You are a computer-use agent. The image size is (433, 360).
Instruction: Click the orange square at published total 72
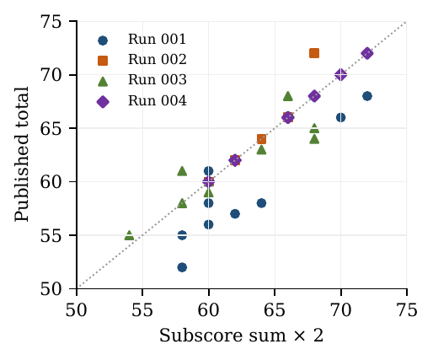pos(314,53)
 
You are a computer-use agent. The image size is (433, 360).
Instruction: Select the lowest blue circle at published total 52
pos(182,267)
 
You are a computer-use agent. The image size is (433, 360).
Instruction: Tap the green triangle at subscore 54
pos(129,235)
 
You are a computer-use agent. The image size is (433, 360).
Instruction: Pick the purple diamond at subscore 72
pos(367,53)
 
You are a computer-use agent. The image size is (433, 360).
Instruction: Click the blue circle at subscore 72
pos(367,96)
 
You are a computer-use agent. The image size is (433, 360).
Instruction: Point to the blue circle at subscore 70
pos(340,117)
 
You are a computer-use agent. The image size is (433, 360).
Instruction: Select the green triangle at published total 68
pos(288,96)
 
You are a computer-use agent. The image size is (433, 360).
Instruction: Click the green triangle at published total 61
pos(182,171)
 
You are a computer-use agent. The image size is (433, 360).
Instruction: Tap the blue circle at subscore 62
pos(235,214)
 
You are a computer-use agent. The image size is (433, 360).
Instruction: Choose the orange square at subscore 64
pos(261,139)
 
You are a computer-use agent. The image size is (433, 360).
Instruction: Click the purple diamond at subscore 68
pos(314,96)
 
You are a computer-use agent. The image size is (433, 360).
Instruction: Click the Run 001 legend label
pos(157,39)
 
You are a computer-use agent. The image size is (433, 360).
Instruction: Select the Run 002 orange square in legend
pos(103,61)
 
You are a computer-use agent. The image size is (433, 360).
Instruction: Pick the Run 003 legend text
pos(158,80)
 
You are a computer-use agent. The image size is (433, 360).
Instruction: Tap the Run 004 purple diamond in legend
pos(103,101)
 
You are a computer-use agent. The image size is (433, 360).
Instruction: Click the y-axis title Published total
pos(22,154)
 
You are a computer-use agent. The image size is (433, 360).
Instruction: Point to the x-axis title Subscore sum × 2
pos(242,336)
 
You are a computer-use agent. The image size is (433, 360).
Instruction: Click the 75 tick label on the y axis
pos(51,22)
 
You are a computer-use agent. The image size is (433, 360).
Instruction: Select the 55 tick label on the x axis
pos(142,311)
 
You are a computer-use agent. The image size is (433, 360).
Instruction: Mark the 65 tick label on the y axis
pos(51,128)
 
